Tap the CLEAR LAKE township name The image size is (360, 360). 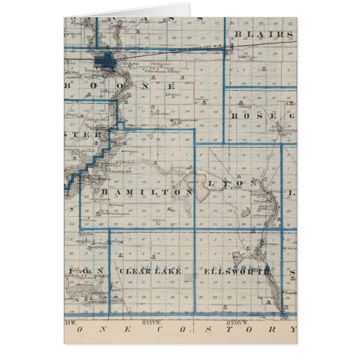pyautogui.click(x=149, y=271)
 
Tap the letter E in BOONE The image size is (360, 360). pyautogui.click(x=170, y=87)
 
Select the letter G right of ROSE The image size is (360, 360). pyautogui.click(x=292, y=116)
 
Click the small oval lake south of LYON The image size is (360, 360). pyautogui.click(x=244, y=212)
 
